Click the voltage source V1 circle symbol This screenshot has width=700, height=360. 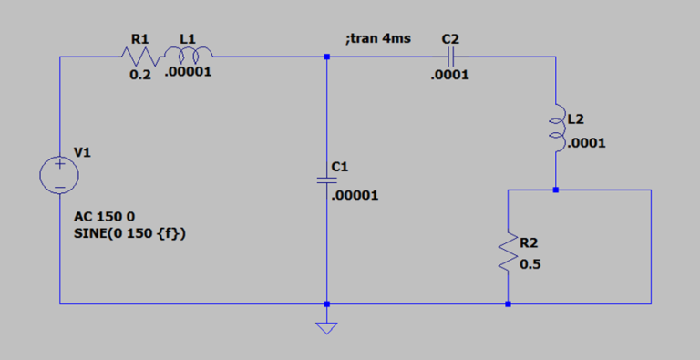coord(59,174)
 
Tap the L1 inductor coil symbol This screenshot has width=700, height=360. coord(188,57)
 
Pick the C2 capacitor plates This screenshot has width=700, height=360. coord(450,57)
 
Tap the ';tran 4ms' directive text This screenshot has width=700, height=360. coord(377,39)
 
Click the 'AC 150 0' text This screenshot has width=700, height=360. coord(103,220)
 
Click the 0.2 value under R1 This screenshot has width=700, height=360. coord(140,75)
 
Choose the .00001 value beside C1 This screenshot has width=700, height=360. coord(356,195)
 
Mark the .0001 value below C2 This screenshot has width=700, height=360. coord(450,76)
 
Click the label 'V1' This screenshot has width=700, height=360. coord(83,153)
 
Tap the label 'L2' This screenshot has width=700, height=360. coord(575,119)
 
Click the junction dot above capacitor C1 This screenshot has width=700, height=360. coord(326,57)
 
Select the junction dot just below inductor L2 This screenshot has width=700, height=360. coord(555,190)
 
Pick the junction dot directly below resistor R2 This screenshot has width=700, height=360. coord(508,303)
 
